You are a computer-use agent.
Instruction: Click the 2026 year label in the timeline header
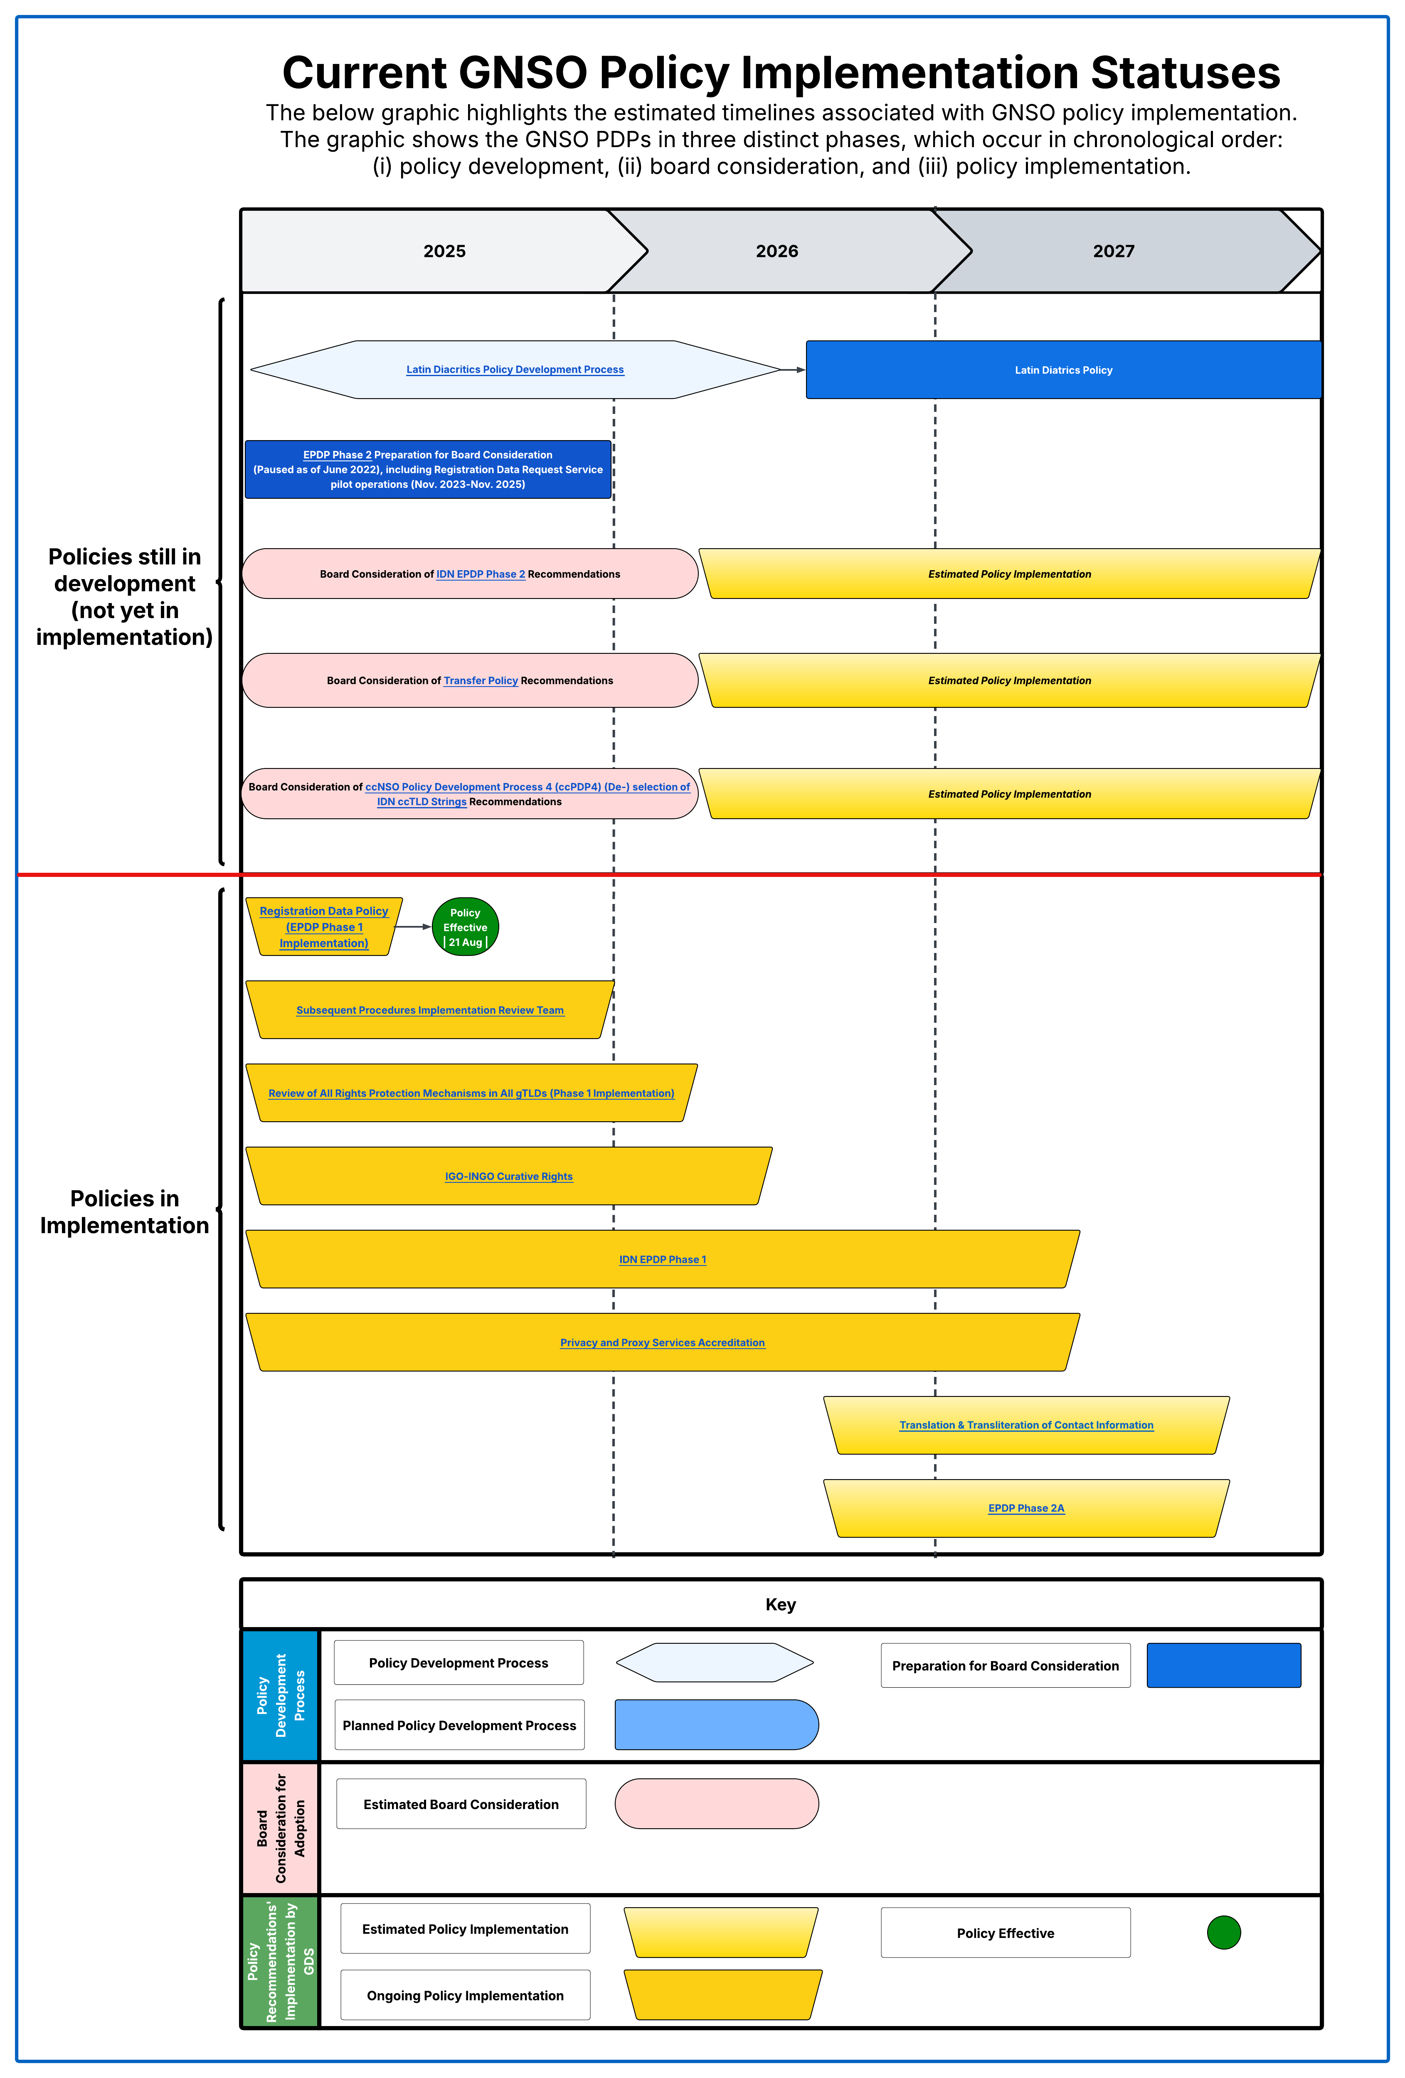(x=776, y=251)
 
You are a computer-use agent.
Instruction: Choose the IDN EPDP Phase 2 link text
(x=480, y=574)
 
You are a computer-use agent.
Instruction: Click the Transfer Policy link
(x=480, y=680)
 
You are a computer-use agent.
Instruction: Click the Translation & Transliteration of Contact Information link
(x=1026, y=1425)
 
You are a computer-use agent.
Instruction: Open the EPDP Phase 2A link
(x=1026, y=1509)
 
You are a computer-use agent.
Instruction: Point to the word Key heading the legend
(x=780, y=1605)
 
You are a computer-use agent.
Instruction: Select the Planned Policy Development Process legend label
(x=459, y=1726)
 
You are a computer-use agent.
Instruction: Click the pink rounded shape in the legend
(x=716, y=1804)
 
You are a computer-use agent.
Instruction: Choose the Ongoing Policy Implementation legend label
(x=465, y=1996)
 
